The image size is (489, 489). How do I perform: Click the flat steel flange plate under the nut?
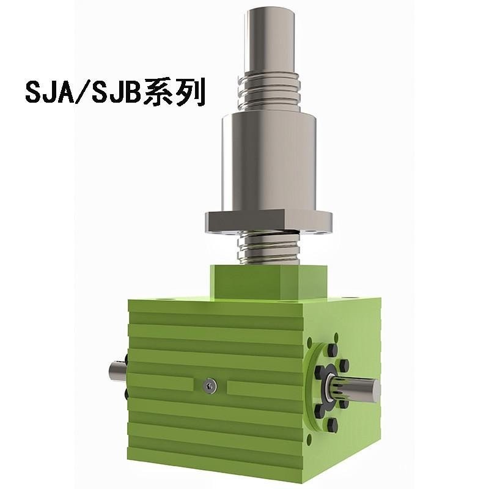[x=269, y=221]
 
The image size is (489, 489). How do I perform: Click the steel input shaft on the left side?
[x=116, y=371]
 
